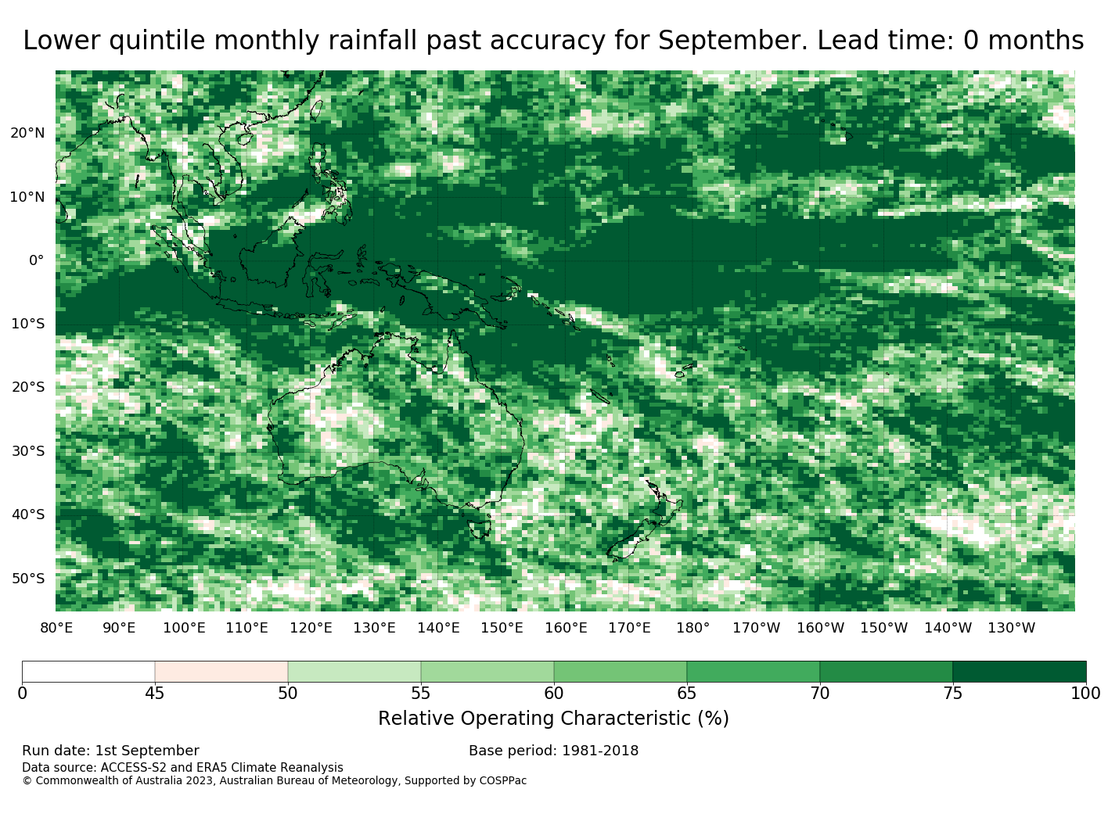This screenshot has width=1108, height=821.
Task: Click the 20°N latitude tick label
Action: (x=27, y=133)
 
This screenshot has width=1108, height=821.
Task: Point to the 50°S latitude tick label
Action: (x=28, y=579)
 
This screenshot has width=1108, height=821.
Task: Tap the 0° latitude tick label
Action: (x=37, y=260)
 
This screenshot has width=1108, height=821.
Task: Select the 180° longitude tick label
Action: (x=692, y=628)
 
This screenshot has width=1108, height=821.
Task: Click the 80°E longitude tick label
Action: (x=56, y=628)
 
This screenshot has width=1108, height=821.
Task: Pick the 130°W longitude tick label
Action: (x=1012, y=628)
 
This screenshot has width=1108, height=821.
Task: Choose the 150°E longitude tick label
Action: (x=502, y=628)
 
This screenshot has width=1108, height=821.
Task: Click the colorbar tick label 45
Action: (x=155, y=693)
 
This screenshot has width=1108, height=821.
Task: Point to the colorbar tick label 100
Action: (x=1085, y=693)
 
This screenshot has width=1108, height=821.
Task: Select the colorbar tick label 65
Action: (x=686, y=693)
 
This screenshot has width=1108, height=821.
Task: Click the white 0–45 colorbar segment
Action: (x=88, y=671)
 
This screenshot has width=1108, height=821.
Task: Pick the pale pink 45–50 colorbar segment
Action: (x=221, y=671)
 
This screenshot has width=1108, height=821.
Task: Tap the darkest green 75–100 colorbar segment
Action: (x=1019, y=671)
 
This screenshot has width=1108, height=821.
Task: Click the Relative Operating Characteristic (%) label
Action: (x=553, y=719)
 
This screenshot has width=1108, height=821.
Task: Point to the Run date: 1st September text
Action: (x=110, y=751)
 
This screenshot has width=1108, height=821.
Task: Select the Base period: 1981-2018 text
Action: (x=553, y=751)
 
